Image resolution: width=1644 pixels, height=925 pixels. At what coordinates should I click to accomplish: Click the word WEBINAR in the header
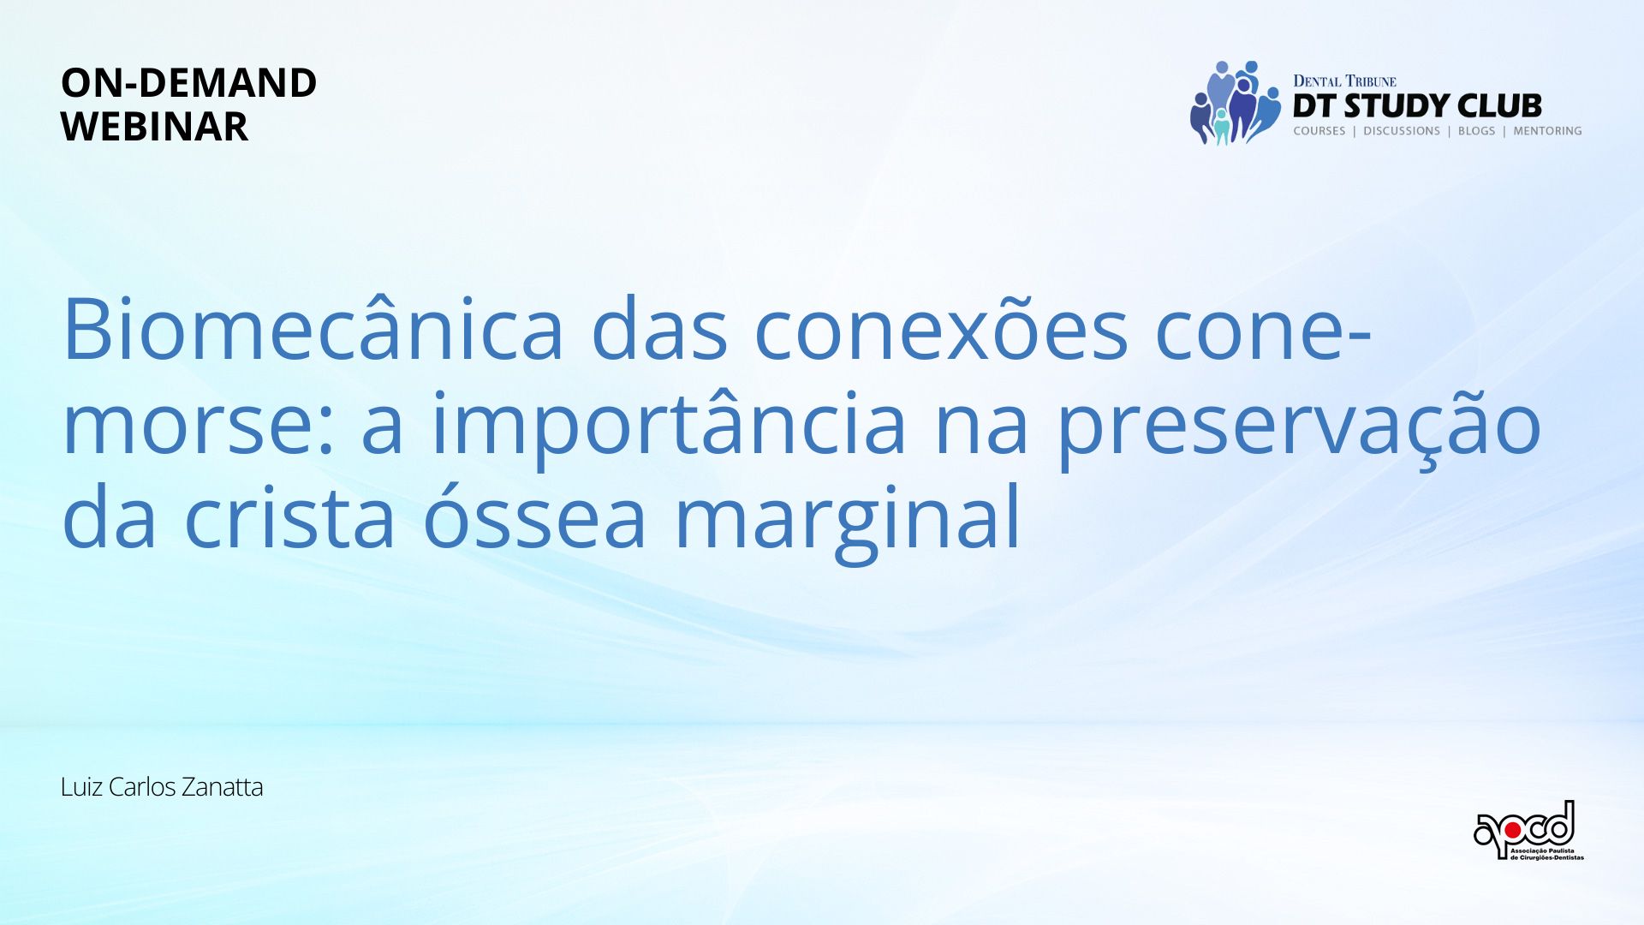pos(154,127)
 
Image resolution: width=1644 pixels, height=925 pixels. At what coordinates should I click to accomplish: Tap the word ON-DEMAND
pos(188,83)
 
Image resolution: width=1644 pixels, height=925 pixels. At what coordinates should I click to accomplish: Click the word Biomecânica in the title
pos(313,329)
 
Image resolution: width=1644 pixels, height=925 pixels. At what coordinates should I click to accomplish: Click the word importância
pos(669,423)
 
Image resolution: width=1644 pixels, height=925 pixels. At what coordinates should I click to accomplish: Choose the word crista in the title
pos(290,516)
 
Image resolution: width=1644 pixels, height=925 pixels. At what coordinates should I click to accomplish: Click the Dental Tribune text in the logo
pos(1344,81)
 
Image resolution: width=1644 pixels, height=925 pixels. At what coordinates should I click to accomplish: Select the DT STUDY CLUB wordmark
pos(1417,106)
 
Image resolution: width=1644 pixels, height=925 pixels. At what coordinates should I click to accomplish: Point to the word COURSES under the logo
pos(1319,131)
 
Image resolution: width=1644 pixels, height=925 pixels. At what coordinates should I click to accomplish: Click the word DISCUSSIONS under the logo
pos(1402,131)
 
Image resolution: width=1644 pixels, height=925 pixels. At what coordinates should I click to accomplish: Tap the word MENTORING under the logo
pos(1547,131)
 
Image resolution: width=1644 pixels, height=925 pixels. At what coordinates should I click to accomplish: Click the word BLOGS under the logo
pos(1476,131)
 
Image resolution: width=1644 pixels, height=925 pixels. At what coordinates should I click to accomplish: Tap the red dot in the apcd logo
pos(1513,829)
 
